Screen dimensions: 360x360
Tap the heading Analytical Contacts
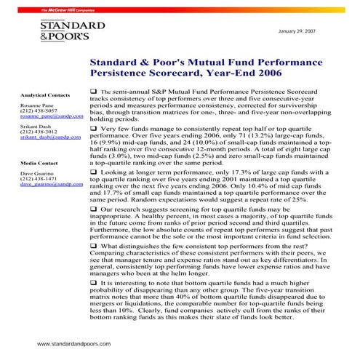(x=45, y=95)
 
